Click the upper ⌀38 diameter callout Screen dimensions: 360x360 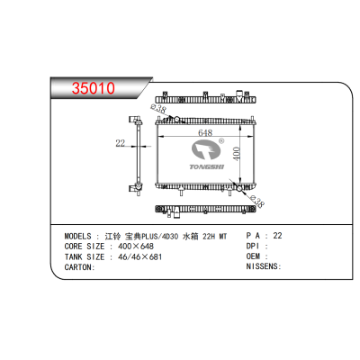[x=161, y=109]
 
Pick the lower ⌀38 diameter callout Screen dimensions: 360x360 [x=255, y=202]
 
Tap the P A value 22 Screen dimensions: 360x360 [x=277, y=234]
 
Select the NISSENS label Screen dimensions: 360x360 [x=262, y=266]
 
